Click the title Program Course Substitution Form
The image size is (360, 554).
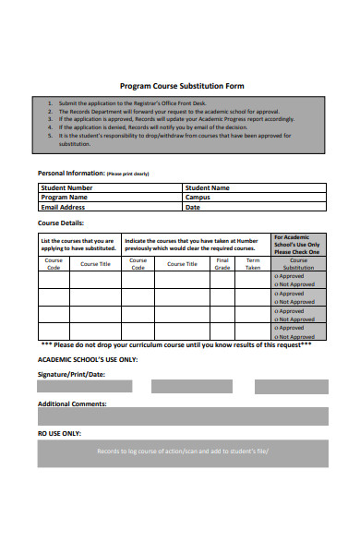click(x=182, y=85)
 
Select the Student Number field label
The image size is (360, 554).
click(x=66, y=187)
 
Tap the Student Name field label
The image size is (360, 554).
click(x=207, y=187)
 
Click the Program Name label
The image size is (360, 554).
click(x=64, y=198)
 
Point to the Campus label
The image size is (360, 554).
click(x=198, y=198)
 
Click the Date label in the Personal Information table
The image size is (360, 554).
click(x=192, y=208)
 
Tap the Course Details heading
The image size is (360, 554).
click(x=60, y=223)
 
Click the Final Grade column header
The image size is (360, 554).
click(x=222, y=263)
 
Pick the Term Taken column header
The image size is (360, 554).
click(x=253, y=263)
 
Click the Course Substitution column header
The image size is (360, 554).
click(x=298, y=263)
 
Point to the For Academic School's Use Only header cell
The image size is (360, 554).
click(x=298, y=244)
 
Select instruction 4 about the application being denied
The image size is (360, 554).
click(x=148, y=127)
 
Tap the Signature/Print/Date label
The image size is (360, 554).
click(x=71, y=374)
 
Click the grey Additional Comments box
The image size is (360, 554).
click(x=182, y=416)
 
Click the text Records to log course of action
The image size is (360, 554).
click(x=182, y=452)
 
